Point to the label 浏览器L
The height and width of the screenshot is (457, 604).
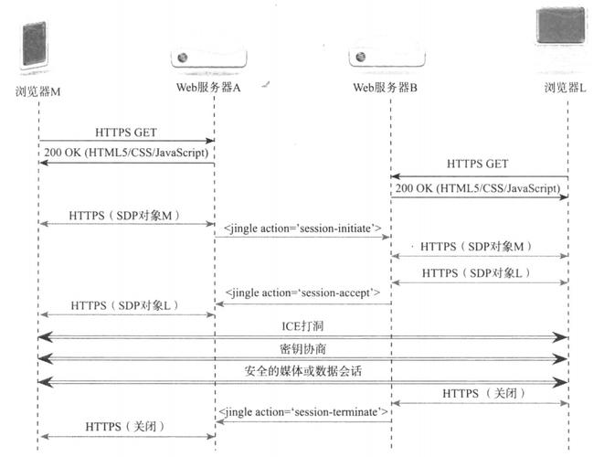(565, 89)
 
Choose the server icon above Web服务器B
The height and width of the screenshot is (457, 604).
(387, 58)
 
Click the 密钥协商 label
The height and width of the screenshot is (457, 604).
(302, 349)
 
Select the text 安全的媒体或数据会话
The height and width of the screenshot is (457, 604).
(302, 371)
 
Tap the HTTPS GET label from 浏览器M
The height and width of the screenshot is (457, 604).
(126, 132)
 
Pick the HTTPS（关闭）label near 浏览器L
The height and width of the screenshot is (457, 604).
(479, 394)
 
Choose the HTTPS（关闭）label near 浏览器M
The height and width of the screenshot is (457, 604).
(126, 426)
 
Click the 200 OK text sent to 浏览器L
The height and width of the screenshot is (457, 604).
(478, 186)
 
